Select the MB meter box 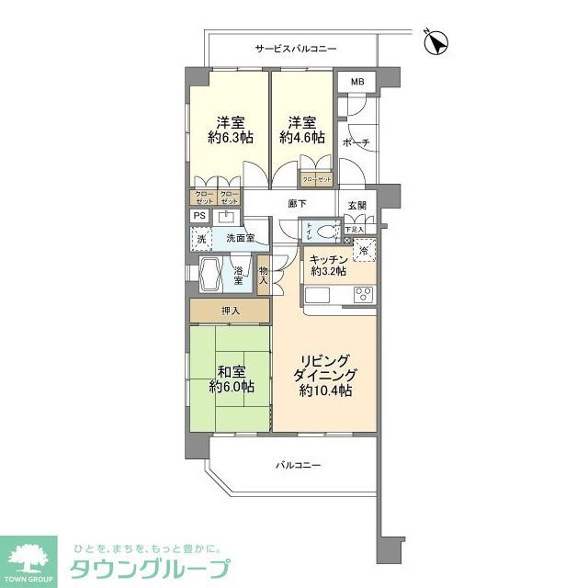[356, 83]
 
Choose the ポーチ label [355, 142]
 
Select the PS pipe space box [198, 216]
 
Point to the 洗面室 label [241, 239]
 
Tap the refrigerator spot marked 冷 [363, 250]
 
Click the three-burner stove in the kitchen [362, 295]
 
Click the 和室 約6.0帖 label [230, 379]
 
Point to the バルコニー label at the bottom [299, 466]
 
